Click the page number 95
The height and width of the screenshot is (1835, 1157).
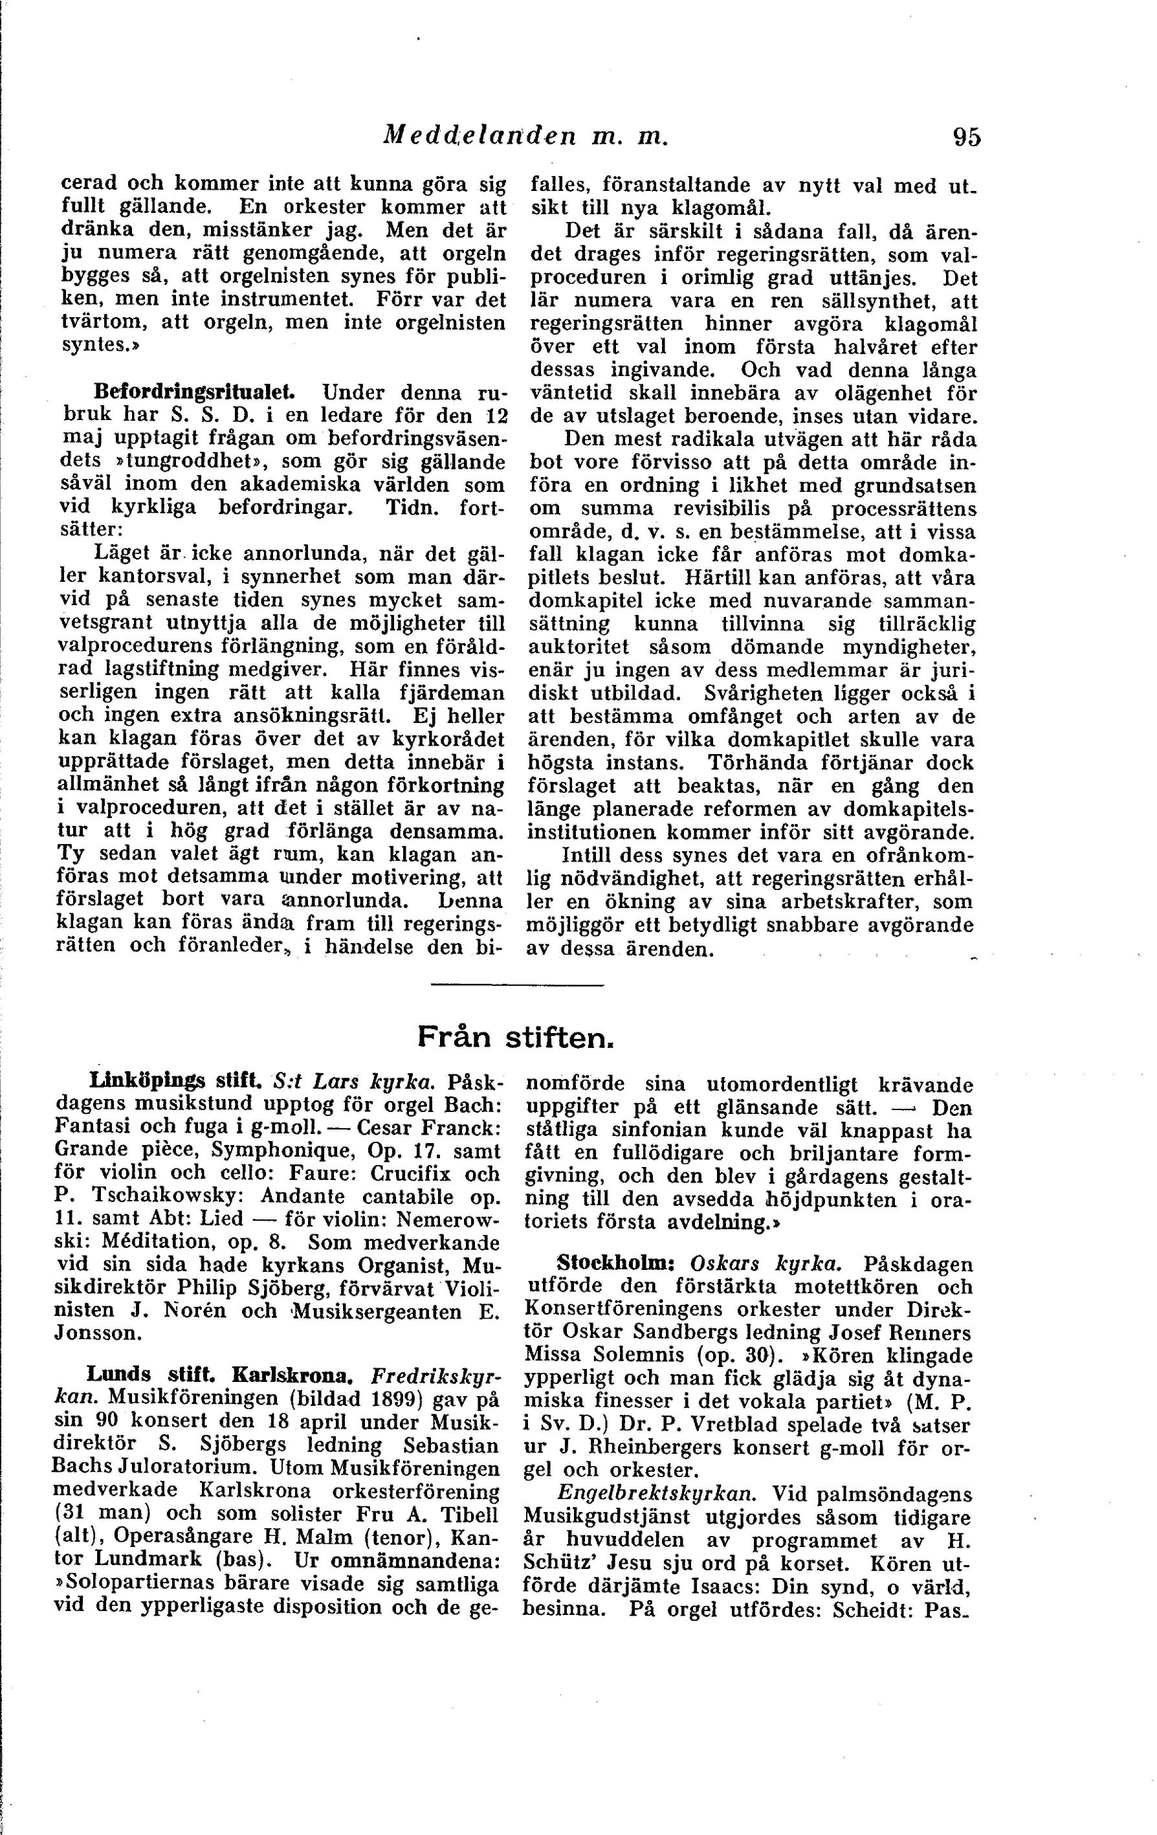click(x=966, y=137)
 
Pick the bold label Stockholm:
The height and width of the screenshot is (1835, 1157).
click(x=617, y=1263)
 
